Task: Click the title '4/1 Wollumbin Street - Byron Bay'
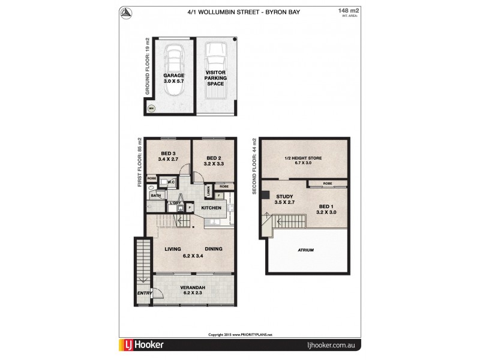(240, 11)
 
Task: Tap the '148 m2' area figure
(346, 11)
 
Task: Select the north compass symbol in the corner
(127, 13)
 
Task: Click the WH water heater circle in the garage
(151, 109)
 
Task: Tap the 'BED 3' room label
(167, 154)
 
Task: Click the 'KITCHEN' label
(211, 208)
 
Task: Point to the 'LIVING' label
(173, 249)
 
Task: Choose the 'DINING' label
(213, 249)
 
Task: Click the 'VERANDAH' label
(193, 289)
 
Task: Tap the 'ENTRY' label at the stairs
(143, 293)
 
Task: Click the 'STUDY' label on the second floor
(284, 196)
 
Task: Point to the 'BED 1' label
(328, 206)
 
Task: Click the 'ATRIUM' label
(306, 250)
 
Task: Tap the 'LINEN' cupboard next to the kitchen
(208, 192)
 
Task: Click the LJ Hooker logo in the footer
(142, 346)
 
